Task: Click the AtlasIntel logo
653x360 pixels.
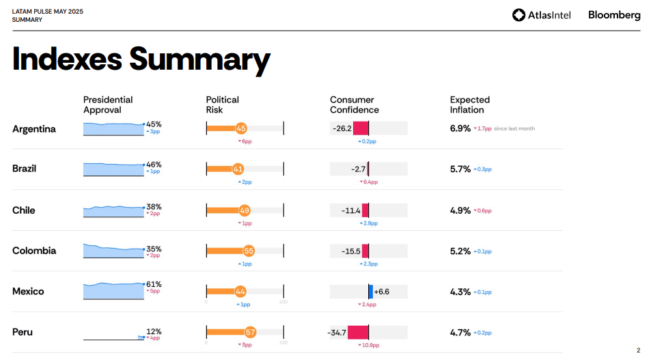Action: pyautogui.click(x=542, y=15)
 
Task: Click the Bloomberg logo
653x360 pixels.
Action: pyautogui.click(x=614, y=15)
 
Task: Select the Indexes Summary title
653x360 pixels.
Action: pyautogui.click(x=141, y=59)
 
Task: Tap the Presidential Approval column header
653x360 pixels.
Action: pyautogui.click(x=108, y=105)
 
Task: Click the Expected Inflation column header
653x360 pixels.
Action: pyautogui.click(x=469, y=105)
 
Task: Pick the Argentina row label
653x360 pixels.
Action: pyautogui.click(x=34, y=129)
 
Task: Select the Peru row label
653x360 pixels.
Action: pyautogui.click(x=23, y=332)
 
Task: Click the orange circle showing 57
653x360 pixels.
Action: pyautogui.click(x=250, y=333)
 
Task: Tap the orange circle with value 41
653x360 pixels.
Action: pyautogui.click(x=238, y=169)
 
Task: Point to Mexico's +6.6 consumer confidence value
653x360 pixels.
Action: pyautogui.click(x=382, y=292)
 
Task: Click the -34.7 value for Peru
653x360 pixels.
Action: pyautogui.click(x=337, y=333)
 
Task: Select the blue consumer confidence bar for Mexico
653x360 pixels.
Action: pyautogui.click(x=371, y=292)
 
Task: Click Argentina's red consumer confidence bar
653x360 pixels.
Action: pyautogui.click(x=361, y=128)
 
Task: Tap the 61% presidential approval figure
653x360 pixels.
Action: pyautogui.click(x=154, y=284)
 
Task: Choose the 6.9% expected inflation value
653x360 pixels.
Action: pyautogui.click(x=460, y=128)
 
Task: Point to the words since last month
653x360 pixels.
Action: pyautogui.click(x=514, y=128)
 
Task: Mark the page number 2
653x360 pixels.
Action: pyautogui.click(x=638, y=350)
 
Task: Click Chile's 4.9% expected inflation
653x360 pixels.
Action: pyautogui.click(x=460, y=210)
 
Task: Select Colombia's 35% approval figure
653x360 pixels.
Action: pyautogui.click(x=154, y=249)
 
